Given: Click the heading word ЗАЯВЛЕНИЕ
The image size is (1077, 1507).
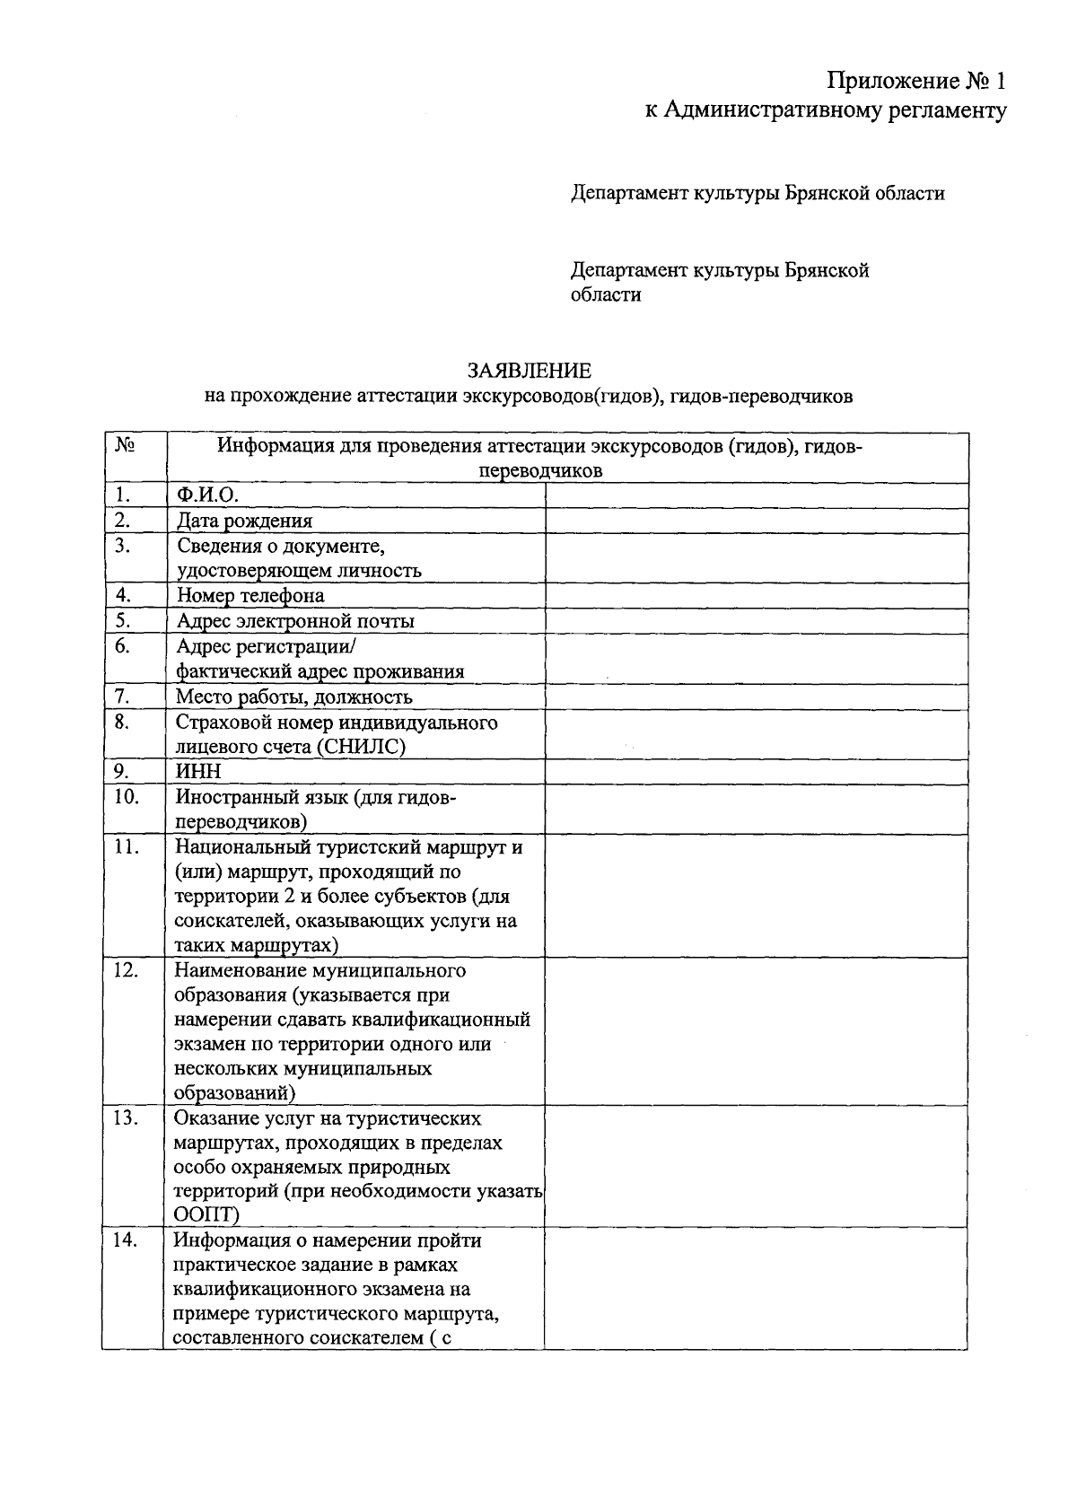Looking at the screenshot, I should click(x=529, y=371).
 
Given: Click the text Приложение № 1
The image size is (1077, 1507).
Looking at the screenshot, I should click(x=916, y=82).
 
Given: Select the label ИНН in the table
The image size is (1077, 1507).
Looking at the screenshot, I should click(x=198, y=772).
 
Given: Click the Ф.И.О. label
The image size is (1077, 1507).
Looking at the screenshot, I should click(x=207, y=495).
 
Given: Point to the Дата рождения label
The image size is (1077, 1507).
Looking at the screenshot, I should click(x=244, y=521).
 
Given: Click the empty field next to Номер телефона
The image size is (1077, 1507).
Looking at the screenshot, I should click(x=756, y=596).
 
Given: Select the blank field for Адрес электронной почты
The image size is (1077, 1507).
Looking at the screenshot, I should click(x=756, y=621).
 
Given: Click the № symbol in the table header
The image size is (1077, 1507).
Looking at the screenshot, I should click(x=125, y=445).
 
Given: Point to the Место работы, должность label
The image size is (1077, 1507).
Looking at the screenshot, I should click(x=294, y=697).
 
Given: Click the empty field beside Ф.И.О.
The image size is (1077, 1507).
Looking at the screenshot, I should click(x=756, y=495).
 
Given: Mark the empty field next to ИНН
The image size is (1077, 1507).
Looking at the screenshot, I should click(x=756, y=772).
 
